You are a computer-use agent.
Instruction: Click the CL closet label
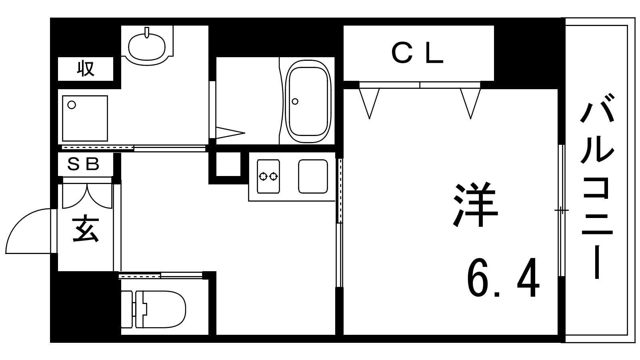(418, 54)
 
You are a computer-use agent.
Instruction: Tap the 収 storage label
(86, 68)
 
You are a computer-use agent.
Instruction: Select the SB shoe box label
(83, 164)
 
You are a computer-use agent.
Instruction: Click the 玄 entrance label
(86, 230)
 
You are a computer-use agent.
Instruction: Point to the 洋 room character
(476, 204)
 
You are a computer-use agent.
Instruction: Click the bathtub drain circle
(295, 101)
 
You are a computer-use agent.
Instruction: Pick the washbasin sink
(147, 47)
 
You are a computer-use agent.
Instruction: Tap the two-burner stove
(268, 176)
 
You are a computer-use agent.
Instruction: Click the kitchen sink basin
(313, 176)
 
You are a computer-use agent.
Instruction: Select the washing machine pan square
(85, 118)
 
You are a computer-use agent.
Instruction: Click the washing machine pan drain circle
(72, 105)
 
